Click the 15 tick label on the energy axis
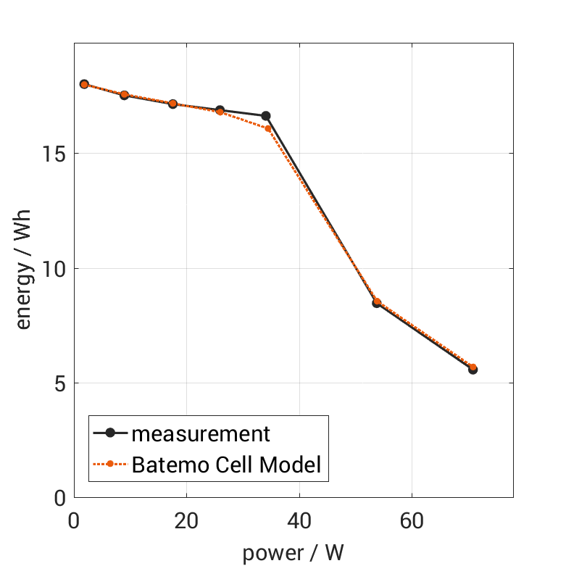coord(54,154)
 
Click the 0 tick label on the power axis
coord(73,522)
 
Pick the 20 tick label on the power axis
coord(186,522)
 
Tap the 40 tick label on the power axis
coord(299,522)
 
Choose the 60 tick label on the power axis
coord(412,522)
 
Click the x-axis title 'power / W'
coord(293,553)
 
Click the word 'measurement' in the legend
coord(201,434)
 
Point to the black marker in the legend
coord(110,433)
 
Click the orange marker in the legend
coord(110,464)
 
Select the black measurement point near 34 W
coord(266,116)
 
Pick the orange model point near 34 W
coord(267,128)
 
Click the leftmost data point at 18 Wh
coord(84,84)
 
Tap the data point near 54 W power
coord(377,303)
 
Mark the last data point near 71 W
coord(473,369)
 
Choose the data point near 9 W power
coord(124,95)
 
